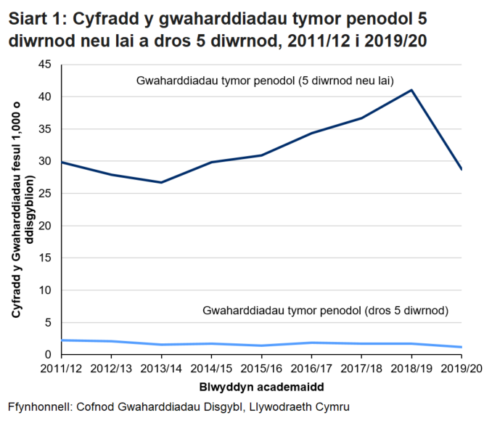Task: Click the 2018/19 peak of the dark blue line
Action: pos(411,90)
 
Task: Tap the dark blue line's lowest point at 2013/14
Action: pos(161,182)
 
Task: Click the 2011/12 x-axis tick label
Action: pos(62,368)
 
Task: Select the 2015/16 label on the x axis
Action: pos(261,368)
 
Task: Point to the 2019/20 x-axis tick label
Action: pos(462,368)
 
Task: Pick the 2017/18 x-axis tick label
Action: pos(361,368)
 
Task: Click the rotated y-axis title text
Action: pos(22,210)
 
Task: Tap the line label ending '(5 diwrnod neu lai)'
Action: pos(264,81)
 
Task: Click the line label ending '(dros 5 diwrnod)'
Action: pos(327,311)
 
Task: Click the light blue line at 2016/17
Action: pos(311,343)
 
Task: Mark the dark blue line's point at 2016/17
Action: pos(311,133)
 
